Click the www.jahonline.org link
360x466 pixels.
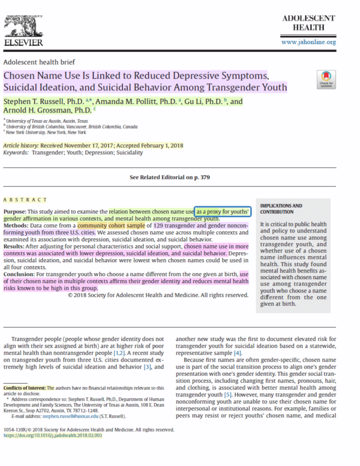click(309, 42)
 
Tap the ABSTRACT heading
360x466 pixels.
click(25, 200)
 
